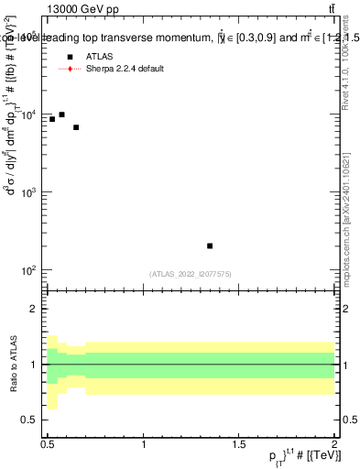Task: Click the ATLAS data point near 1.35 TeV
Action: point(210,245)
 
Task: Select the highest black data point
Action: point(61,115)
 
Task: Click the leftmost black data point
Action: point(52,119)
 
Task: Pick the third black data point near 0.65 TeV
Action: point(76,127)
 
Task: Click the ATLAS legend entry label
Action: point(99,57)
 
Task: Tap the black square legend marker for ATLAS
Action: point(70,57)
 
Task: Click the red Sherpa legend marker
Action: point(70,69)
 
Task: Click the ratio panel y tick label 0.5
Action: point(32,420)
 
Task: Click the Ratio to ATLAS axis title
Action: point(12,364)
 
